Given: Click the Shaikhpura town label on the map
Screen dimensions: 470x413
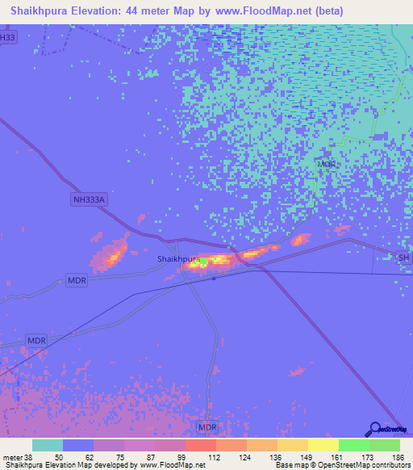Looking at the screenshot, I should pos(177,258).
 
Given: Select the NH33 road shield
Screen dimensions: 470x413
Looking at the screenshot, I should pos(7,36).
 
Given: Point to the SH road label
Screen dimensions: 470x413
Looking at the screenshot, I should pos(404,258).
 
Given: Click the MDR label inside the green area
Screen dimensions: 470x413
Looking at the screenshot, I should pos(327,164).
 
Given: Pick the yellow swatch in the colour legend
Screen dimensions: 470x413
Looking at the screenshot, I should pos(323,445).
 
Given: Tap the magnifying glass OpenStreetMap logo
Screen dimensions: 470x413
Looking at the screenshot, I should pos(373,429).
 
